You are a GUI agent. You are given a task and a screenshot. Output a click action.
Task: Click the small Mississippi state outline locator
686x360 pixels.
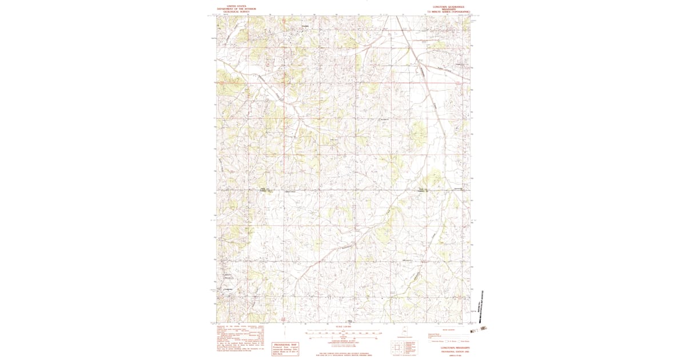point(405,331)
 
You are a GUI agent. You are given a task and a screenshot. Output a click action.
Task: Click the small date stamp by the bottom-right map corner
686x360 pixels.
point(484,329)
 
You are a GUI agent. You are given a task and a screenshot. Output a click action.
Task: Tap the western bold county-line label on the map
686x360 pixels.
point(264,190)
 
